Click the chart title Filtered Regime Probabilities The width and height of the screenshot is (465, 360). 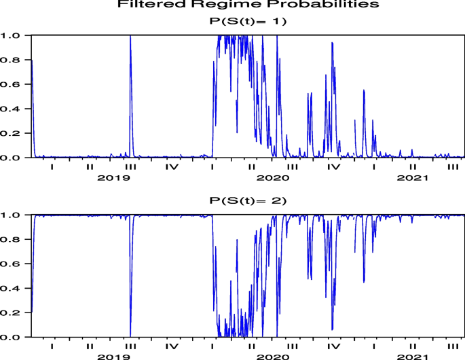pyautogui.click(x=248, y=5)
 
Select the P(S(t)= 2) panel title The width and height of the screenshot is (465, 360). pyautogui.click(x=248, y=200)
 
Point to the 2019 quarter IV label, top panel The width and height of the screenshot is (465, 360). pyautogui.click(x=172, y=167)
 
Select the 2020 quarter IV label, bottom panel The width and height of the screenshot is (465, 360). pyautogui.click(x=333, y=346)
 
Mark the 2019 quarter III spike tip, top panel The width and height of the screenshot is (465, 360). pyautogui.click(x=130, y=36)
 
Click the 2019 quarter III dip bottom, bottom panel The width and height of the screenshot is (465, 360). pyautogui.click(x=130, y=336)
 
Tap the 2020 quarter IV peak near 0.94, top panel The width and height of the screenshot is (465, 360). pyautogui.click(x=332, y=43)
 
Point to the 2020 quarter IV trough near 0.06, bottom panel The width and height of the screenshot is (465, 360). pyautogui.click(x=332, y=329)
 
